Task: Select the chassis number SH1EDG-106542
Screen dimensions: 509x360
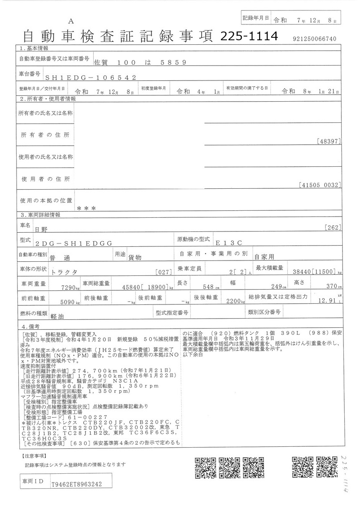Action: pyautogui.click(x=90, y=77)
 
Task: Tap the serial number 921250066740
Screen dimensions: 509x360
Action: pyautogui.click(x=314, y=39)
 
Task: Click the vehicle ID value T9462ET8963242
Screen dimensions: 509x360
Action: pyautogui.click(x=77, y=484)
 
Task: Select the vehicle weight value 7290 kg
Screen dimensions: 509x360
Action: pyautogui.click(x=69, y=287)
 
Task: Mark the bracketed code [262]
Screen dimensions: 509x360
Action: pyautogui.click(x=333, y=227)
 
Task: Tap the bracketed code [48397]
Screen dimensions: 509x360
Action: pyautogui.click(x=328, y=141)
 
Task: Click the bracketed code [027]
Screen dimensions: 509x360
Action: pyautogui.click(x=165, y=272)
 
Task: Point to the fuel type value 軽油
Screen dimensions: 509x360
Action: pyautogui.click(x=58, y=315)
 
